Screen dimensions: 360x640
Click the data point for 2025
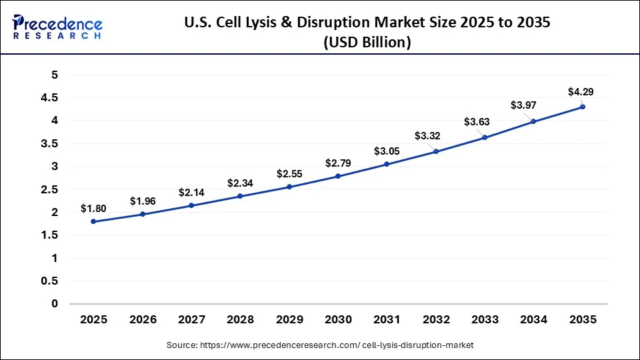(93, 221)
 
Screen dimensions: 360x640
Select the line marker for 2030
(338, 176)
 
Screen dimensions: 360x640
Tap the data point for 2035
(583, 107)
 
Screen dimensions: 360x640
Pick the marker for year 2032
(436, 151)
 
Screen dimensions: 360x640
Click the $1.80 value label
(93, 209)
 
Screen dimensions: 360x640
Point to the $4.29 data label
(580, 91)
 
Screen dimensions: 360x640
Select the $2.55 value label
(289, 174)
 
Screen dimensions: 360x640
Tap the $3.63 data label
(477, 122)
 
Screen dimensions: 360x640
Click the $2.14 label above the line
(191, 193)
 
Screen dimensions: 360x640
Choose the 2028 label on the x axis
(240, 320)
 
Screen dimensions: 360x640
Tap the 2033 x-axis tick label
(485, 320)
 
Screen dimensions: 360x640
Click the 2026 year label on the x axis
(142, 320)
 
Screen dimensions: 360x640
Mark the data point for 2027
(191, 205)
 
